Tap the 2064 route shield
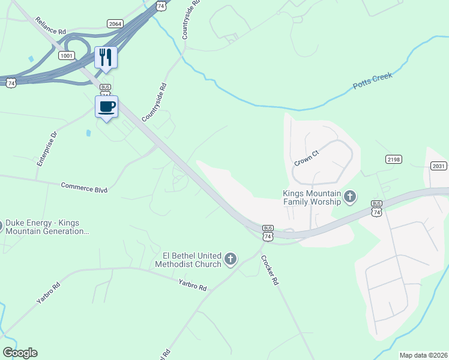[x=115, y=23]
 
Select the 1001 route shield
[x=67, y=55]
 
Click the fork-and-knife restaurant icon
[x=106, y=58]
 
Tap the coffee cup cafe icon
[x=107, y=107]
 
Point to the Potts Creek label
[x=372, y=80]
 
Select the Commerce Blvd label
[x=84, y=188]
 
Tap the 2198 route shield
[x=394, y=160]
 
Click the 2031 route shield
[x=439, y=166]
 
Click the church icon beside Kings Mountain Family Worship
[x=350, y=197]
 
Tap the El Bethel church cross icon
[x=230, y=260]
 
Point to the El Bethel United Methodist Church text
[x=188, y=260]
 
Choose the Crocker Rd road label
[x=270, y=271]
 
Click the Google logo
[x=19, y=353]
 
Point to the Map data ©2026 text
[x=423, y=355]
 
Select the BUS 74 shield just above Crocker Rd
[x=268, y=233]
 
